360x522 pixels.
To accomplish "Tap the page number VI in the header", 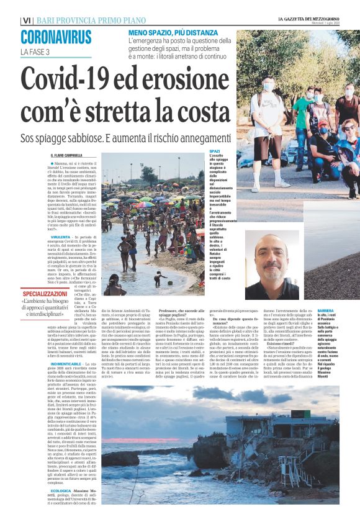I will (x=26, y=20).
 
